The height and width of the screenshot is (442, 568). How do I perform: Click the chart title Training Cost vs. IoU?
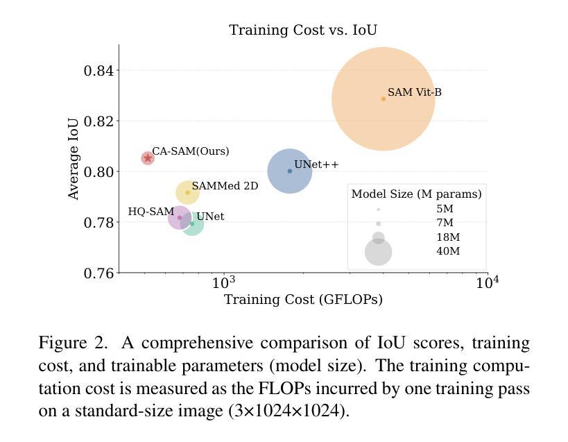303,30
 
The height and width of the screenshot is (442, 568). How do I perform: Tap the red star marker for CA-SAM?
148,158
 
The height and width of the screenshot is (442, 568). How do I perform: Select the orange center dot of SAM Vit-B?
384,99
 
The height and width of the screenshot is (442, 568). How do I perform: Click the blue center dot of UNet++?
290,171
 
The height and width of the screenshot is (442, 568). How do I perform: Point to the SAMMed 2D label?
225,186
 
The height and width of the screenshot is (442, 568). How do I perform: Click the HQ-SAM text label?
150,212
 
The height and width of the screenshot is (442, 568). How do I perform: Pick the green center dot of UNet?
192,223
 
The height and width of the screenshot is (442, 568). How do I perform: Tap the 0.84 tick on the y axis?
98,71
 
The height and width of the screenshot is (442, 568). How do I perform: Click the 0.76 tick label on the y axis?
98,273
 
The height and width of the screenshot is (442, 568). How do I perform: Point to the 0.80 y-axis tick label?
98,172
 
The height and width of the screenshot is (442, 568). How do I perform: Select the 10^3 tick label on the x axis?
224,282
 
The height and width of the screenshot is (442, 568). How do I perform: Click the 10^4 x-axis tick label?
487,282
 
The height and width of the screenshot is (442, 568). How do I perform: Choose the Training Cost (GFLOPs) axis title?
303,300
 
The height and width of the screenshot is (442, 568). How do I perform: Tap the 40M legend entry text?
447,251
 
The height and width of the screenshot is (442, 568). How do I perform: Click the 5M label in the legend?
445,209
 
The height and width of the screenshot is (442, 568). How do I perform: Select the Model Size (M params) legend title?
416,194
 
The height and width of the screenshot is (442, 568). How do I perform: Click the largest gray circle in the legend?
379,252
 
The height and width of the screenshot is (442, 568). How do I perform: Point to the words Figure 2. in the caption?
73,343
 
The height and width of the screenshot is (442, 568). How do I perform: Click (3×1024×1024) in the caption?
289,410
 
